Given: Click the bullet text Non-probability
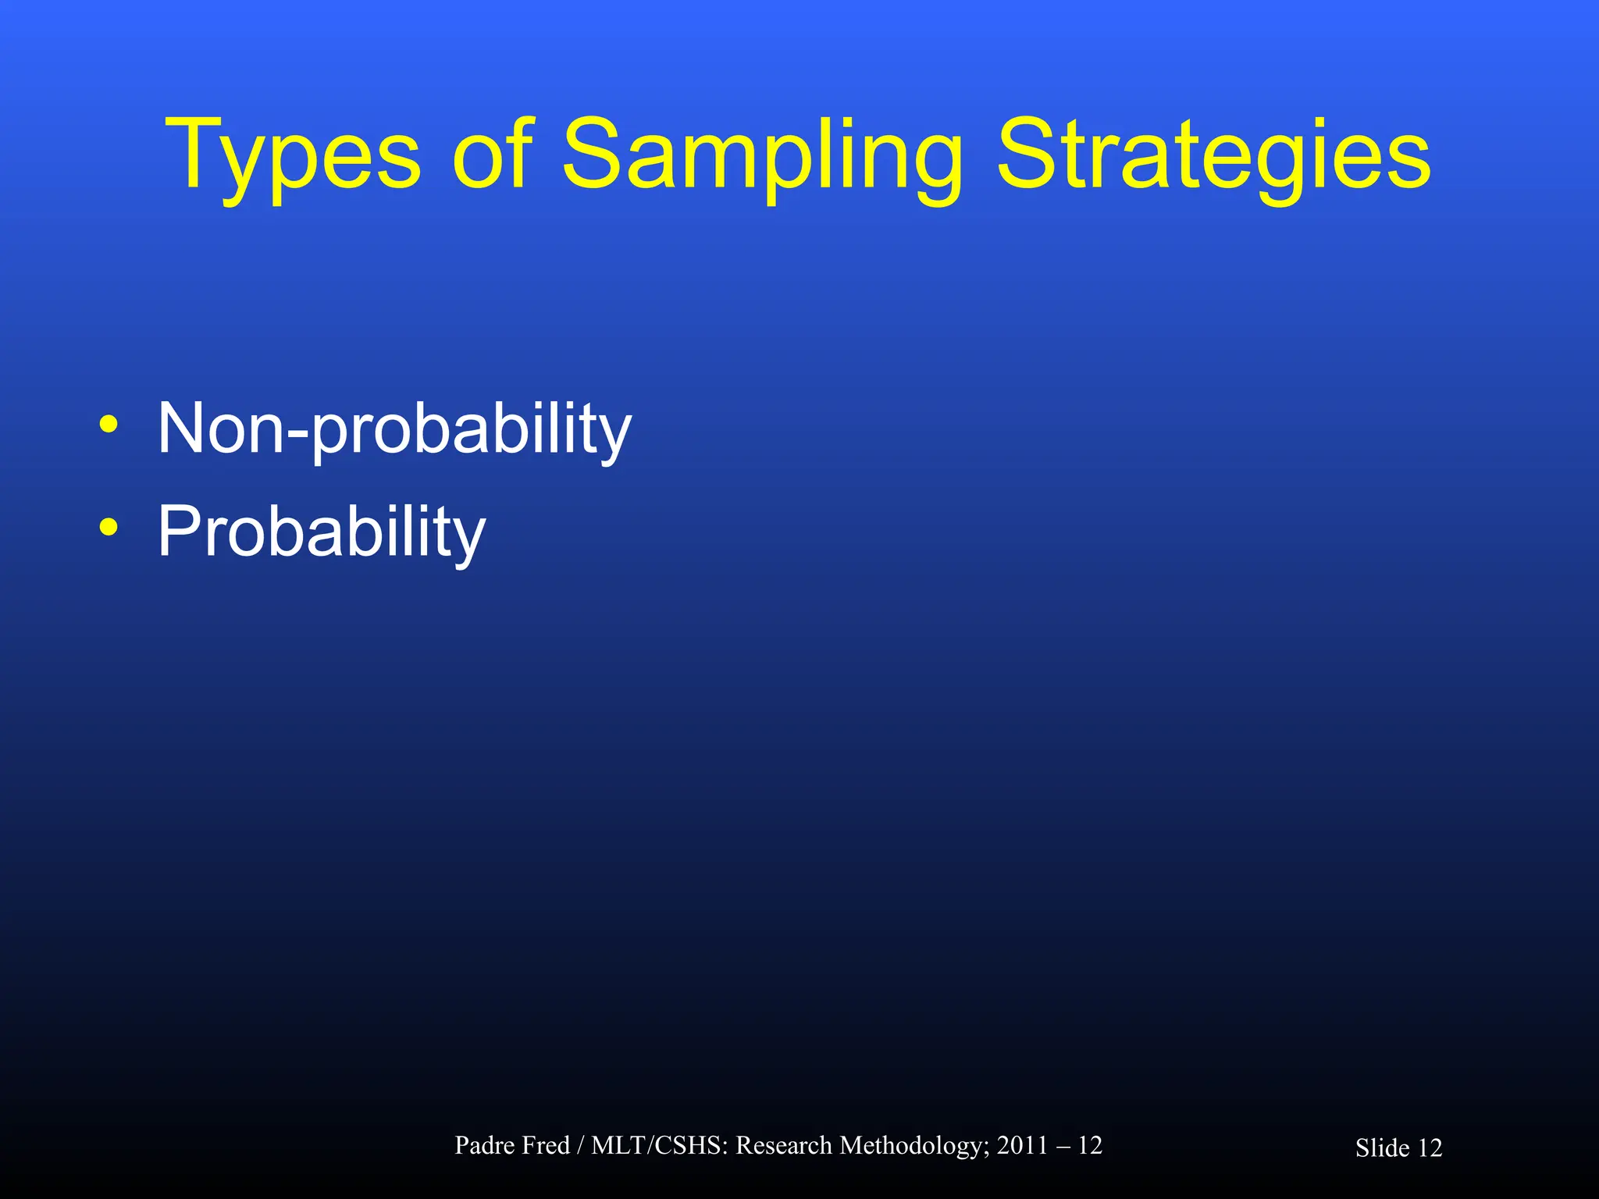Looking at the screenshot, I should (x=394, y=429).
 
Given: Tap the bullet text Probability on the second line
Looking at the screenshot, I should (x=321, y=532).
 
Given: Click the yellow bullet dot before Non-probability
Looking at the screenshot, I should (x=109, y=425).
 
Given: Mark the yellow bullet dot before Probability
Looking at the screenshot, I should (x=109, y=528).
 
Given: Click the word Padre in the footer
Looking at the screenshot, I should (x=485, y=1145).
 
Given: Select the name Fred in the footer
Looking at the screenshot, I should (x=546, y=1145).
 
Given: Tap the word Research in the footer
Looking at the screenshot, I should (x=784, y=1145).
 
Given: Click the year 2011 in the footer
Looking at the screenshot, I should (x=1022, y=1145).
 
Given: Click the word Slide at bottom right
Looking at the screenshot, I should (x=1382, y=1148).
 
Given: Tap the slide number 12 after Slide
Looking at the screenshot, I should (x=1430, y=1148).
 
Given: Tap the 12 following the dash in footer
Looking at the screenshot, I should (x=1090, y=1145).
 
